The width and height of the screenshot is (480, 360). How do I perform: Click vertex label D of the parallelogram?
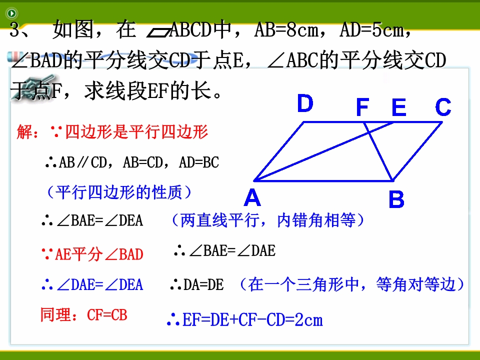[x=305, y=103]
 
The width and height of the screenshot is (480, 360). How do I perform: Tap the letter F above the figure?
[x=362, y=107]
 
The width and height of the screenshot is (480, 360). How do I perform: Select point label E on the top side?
[x=399, y=107]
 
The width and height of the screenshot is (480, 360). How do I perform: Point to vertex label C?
[x=443, y=107]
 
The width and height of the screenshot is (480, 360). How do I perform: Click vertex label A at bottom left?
[x=252, y=197]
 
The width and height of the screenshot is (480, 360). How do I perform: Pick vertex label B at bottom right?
[x=396, y=199]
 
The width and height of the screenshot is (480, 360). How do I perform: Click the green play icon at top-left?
[x=11, y=13]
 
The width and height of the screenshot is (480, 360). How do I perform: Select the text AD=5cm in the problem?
[x=371, y=30]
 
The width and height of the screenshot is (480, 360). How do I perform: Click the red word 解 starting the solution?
[x=24, y=132]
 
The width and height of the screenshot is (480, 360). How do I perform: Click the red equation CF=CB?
[x=107, y=315]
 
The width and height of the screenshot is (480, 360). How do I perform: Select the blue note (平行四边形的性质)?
[x=120, y=192]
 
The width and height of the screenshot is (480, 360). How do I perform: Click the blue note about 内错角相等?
[x=268, y=220]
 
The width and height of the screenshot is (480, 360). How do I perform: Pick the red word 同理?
[x=55, y=314]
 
